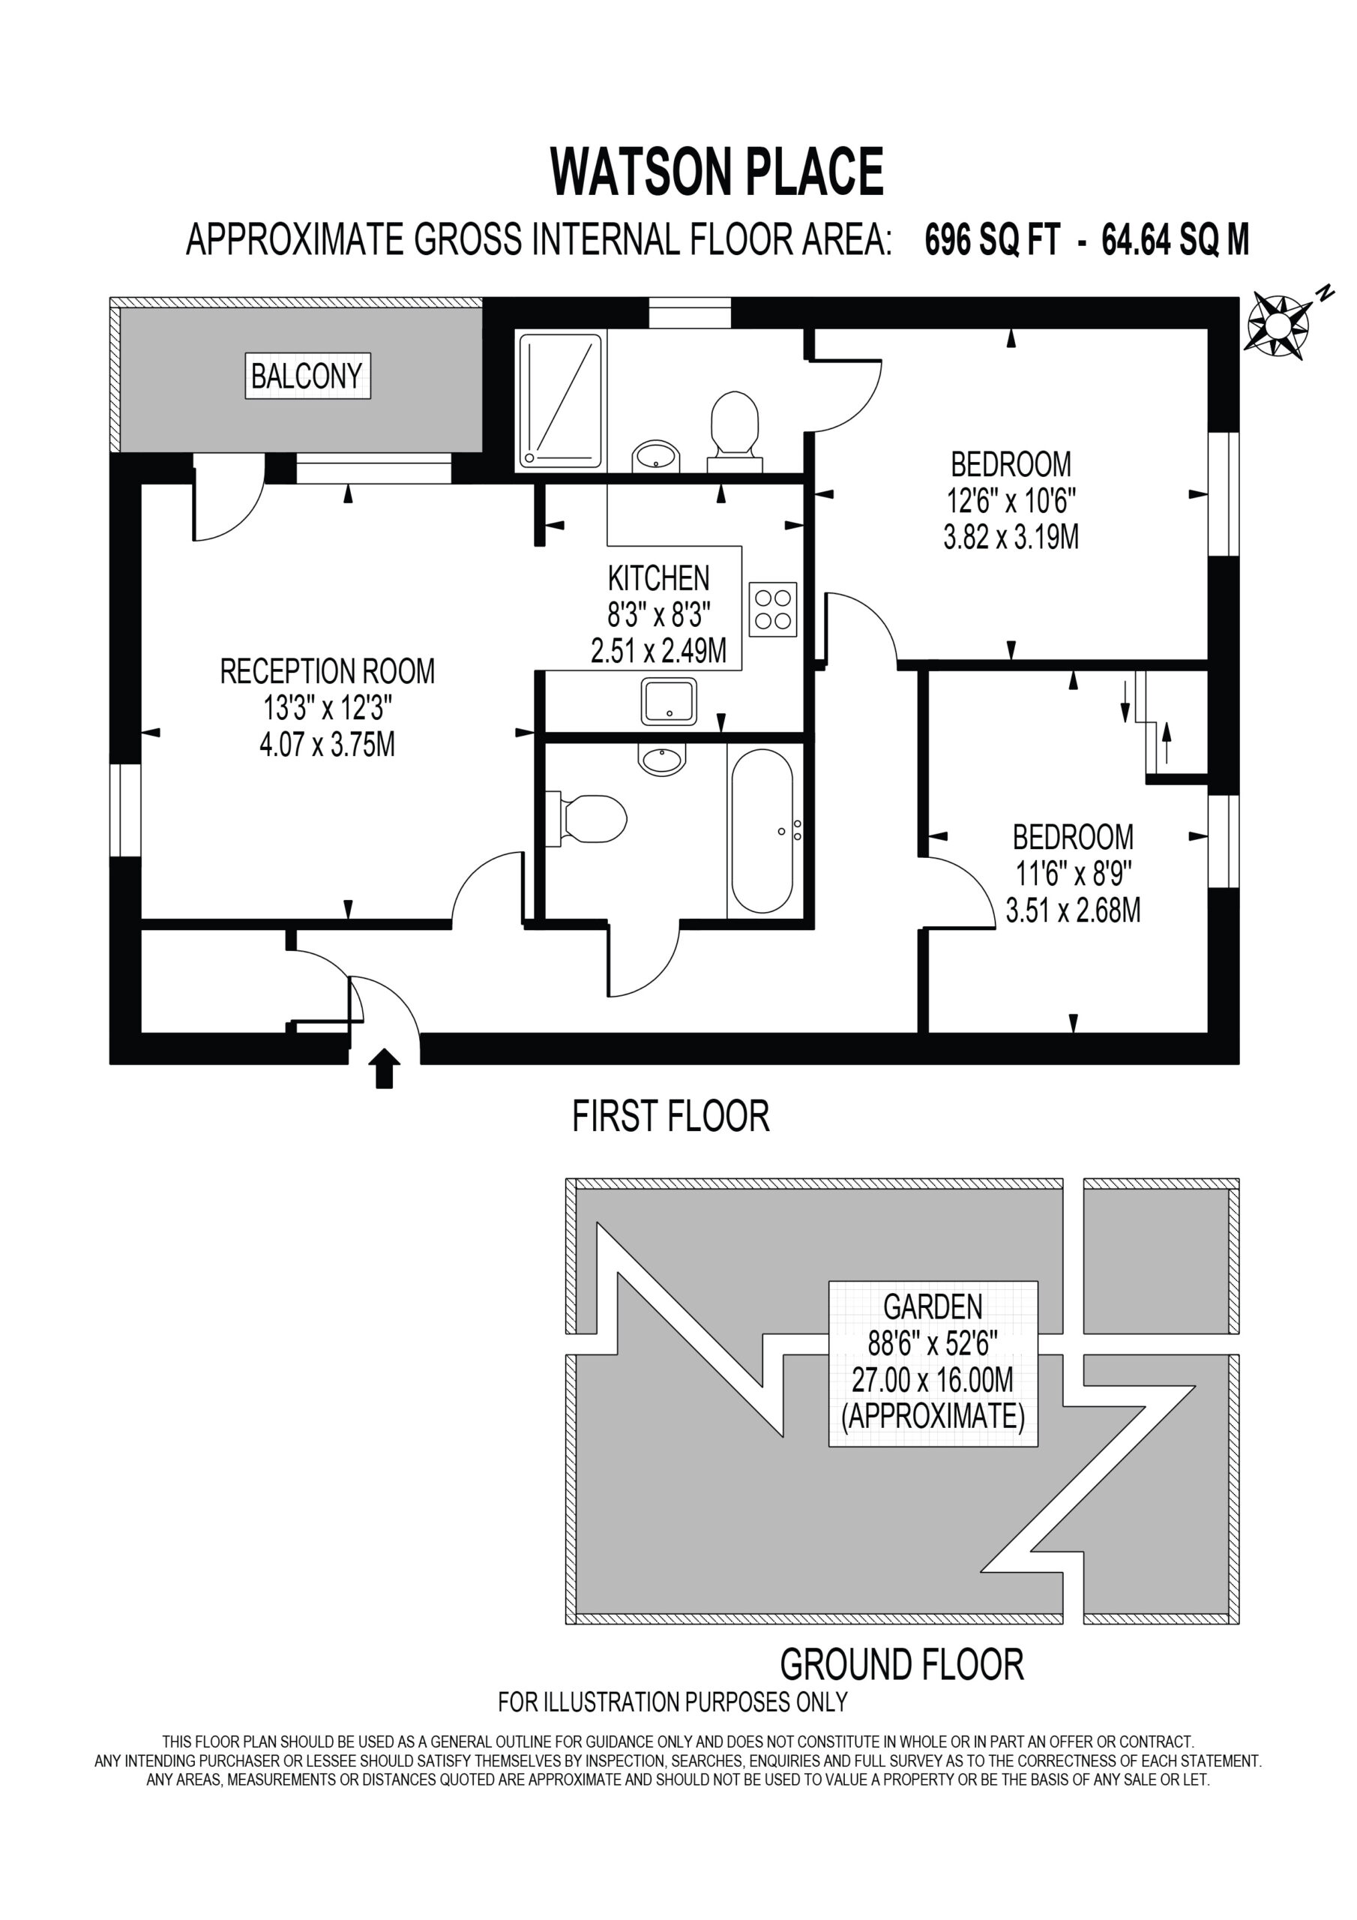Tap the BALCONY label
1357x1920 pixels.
307,376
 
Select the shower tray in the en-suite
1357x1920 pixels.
560,400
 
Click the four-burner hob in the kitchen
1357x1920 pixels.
772,610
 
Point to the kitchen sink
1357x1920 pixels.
669,700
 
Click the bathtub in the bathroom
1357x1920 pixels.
762,829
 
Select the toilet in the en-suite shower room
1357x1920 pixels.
734,431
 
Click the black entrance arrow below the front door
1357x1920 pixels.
384,1069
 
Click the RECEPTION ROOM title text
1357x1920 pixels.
328,671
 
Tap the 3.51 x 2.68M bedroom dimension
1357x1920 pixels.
1073,910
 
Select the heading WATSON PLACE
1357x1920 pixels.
717,172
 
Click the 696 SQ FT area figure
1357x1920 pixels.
993,241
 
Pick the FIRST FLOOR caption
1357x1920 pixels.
670,1117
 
